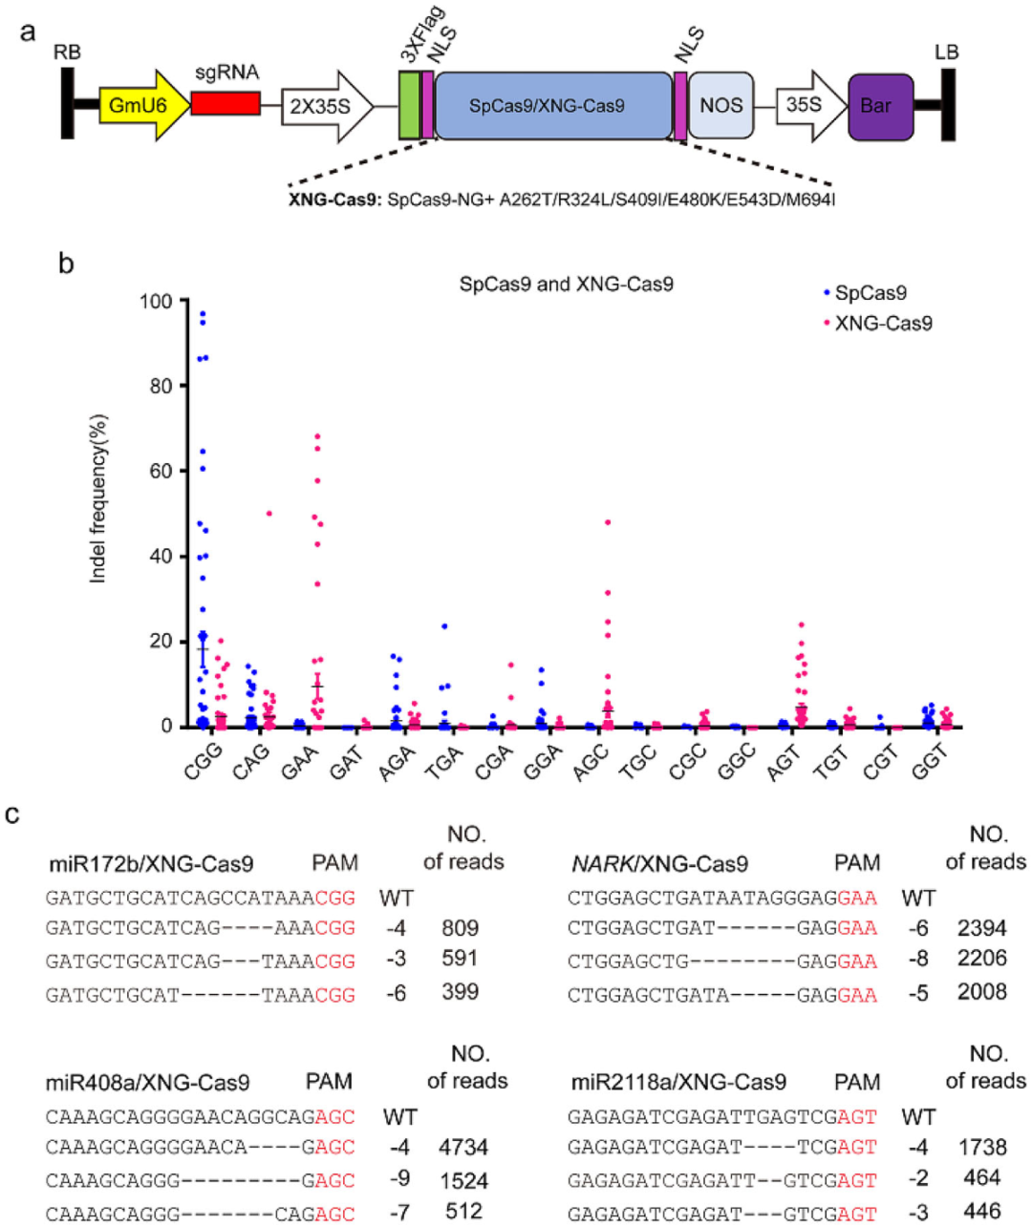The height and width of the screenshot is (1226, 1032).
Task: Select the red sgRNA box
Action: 226,104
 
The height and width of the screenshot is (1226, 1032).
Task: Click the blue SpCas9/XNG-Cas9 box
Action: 553,106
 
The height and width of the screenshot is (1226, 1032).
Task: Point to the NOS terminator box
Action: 720,106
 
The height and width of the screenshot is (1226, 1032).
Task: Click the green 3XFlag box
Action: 409,106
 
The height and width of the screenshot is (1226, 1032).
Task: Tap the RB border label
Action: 67,53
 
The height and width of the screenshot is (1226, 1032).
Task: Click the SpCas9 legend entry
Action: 870,293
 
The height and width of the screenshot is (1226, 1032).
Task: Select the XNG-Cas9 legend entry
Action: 882,323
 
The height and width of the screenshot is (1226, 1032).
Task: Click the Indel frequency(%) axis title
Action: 98,498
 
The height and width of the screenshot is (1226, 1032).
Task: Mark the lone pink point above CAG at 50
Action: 269,514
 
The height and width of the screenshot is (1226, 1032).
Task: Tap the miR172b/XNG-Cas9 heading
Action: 151,864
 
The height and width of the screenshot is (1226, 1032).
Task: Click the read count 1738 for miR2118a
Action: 981,1147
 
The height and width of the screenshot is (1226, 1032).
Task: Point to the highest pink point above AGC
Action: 607,522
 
